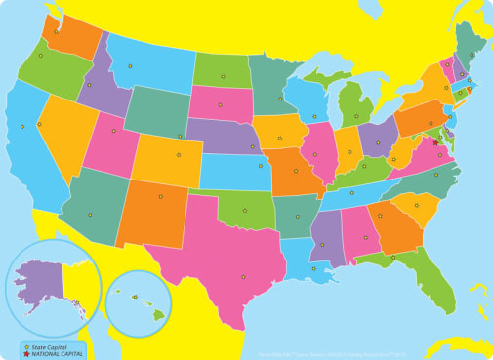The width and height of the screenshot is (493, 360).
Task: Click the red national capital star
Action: pyautogui.click(x=435, y=142)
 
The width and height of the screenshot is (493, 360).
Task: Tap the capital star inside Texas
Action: pyautogui.click(x=243, y=277)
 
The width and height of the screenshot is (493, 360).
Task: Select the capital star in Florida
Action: pyautogui.click(x=393, y=257)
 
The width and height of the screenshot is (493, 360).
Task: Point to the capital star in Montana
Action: pyautogui.click(x=130, y=66)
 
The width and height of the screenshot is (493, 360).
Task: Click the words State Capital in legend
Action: pyautogui.click(x=49, y=346)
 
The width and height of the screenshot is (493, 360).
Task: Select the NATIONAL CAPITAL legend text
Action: pyautogui.click(x=56, y=353)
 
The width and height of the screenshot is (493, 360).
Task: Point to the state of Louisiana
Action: pyautogui.click(x=306, y=256)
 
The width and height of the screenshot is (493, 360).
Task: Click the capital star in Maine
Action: pyautogui.click(x=472, y=55)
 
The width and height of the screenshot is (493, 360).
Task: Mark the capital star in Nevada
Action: pyautogui.click(x=39, y=124)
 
